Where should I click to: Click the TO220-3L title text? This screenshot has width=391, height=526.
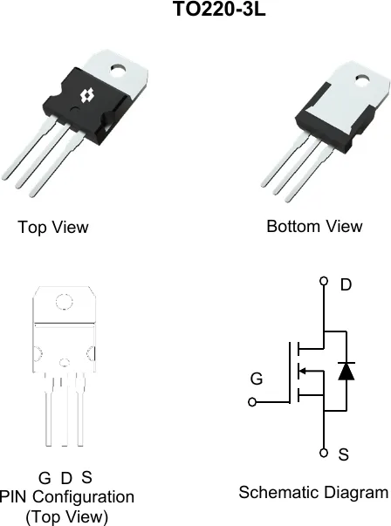(x=219, y=9)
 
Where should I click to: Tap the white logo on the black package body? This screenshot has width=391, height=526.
(x=86, y=96)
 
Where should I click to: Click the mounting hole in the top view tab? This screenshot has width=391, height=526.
(x=118, y=70)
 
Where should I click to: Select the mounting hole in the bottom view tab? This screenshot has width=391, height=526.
(x=362, y=80)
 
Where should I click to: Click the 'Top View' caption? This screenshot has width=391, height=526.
(x=53, y=227)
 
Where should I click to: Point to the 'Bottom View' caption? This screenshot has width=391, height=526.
(x=314, y=227)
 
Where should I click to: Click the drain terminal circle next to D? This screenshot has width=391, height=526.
(x=324, y=281)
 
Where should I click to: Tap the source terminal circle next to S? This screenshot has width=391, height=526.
(x=324, y=453)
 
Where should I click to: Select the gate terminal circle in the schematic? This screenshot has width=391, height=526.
(x=252, y=402)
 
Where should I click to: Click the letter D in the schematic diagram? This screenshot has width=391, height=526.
(x=346, y=284)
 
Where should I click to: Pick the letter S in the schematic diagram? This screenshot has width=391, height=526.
(x=343, y=454)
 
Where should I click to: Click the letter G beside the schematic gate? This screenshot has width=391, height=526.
(x=257, y=379)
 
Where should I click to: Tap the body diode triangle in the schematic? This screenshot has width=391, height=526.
(x=346, y=371)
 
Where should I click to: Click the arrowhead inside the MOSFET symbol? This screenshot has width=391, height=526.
(x=302, y=371)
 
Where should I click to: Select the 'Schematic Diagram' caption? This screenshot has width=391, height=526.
(x=313, y=493)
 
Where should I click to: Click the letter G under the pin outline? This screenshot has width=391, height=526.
(x=45, y=478)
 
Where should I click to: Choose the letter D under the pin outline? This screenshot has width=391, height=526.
(x=66, y=478)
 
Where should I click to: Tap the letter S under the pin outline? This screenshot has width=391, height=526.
(x=86, y=477)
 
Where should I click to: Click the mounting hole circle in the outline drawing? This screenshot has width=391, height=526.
(x=64, y=302)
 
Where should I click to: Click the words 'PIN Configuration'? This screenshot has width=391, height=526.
(x=67, y=497)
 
